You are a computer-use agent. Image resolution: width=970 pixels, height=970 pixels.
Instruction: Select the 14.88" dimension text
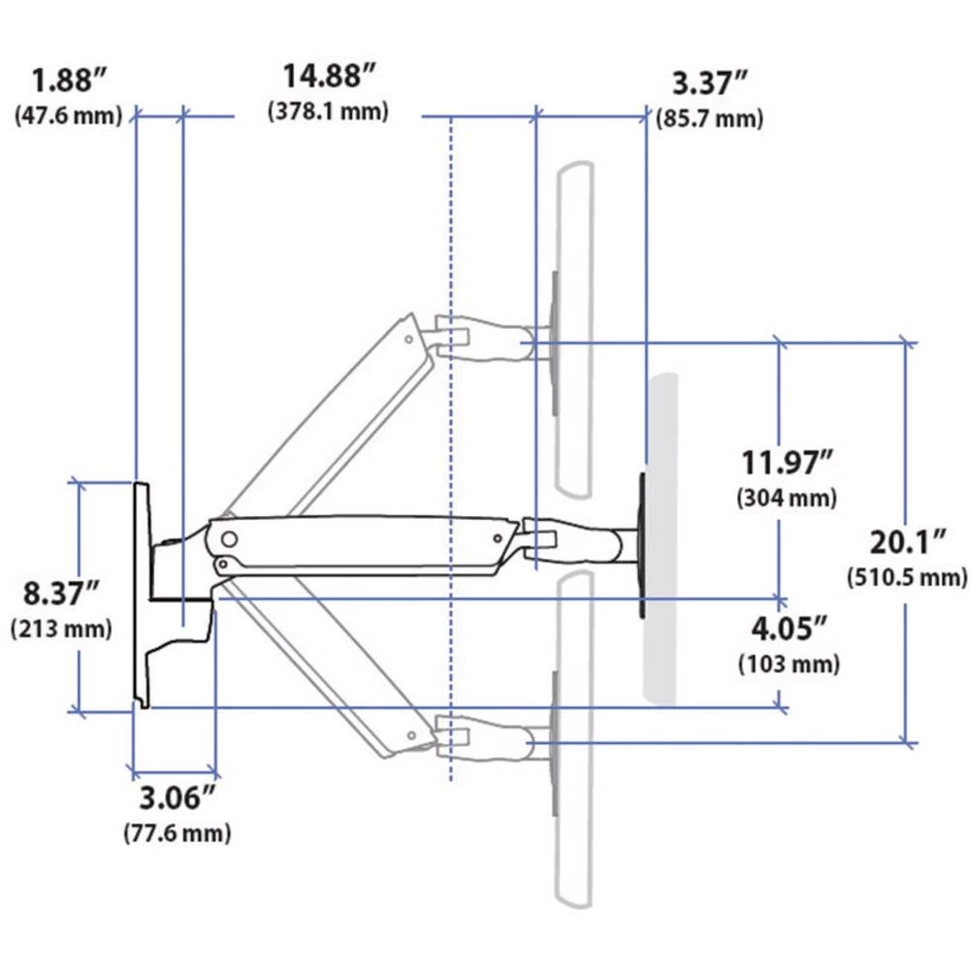pyautogui.click(x=329, y=76)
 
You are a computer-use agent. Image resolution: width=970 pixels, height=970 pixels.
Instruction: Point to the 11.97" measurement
pyautogui.click(x=787, y=463)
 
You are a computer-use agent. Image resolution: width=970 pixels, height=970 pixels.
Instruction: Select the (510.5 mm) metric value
pyautogui.click(x=907, y=577)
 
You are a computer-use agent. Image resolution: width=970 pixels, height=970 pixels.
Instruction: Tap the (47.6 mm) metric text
pyautogui.click(x=68, y=115)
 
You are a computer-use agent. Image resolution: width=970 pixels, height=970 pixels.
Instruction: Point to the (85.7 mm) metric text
pyautogui.click(x=709, y=118)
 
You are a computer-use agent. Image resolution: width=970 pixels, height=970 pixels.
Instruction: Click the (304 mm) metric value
pyautogui.click(x=787, y=499)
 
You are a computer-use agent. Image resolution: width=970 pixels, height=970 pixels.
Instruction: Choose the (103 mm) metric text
pyautogui.click(x=789, y=664)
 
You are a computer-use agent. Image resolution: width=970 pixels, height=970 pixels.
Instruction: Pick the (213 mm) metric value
pyautogui.click(x=61, y=628)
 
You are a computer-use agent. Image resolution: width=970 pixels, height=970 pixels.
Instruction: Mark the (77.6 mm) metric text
pyautogui.click(x=177, y=832)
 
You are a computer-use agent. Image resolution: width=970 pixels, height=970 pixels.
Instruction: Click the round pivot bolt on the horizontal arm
pyautogui.click(x=230, y=536)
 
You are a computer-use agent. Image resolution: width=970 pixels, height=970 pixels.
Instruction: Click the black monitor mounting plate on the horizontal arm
pyautogui.click(x=641, y=544)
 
